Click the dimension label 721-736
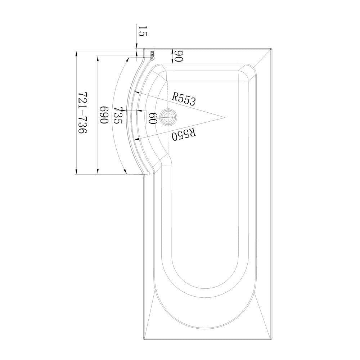pos(82,113)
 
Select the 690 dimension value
pos(104,115)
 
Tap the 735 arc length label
pos(118,116)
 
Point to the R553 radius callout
pos(183,99)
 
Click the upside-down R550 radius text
pos(184,134)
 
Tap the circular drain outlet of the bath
pos(168,117)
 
